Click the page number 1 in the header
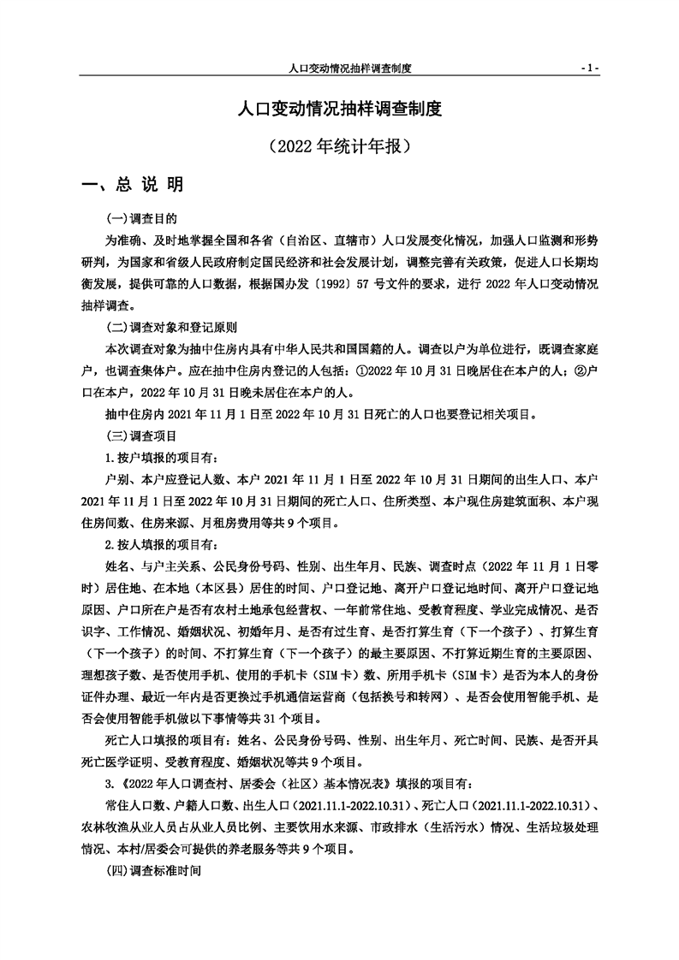589,67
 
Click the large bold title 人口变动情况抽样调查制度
339,110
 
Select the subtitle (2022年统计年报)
339,145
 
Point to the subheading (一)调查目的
140,218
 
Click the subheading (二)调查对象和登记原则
171,328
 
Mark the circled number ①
360,371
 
